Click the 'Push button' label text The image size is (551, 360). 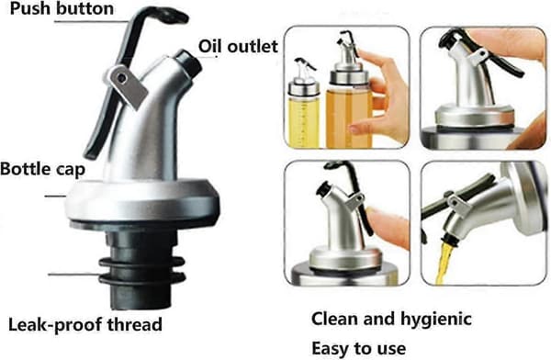pyautogui.click(x=62, y=8)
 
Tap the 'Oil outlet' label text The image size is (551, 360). pyautogui.click(x=238, y=47)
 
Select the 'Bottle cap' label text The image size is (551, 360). pyautogui.click(x=42, y=169)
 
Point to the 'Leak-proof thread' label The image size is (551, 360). pyautogui.click(x=85, y=324)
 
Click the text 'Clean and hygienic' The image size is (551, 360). pyautogui.click(x=391, y=320)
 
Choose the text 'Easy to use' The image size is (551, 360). pyautogui.click(x=359, y=348)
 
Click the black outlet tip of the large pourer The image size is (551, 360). pyautogui.click(x=188, y=62)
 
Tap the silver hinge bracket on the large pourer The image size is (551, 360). pyautogui.click(x=126, y=86)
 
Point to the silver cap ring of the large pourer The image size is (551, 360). pyautogui.click(x=142, y=200)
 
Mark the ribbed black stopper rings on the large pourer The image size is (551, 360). pyautogui.click(x=142, y=271)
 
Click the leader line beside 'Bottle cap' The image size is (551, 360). pyautogui.click(x=55, y=196)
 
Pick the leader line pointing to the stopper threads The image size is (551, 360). pyautogui.click(x=73, y=275)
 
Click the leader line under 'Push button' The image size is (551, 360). pyautogui.click(x=90, y=21)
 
